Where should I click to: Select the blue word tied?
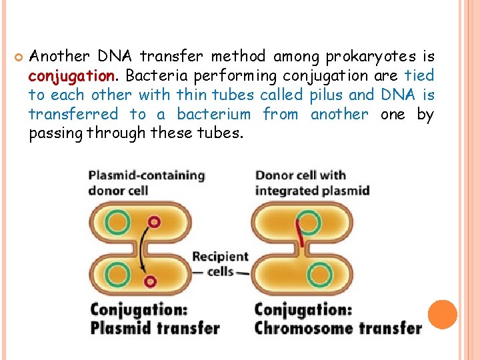click(419, 75)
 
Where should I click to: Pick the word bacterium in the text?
click(213, 115)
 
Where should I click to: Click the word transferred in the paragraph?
click(73, 115)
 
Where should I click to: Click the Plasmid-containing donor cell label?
click(147, 183)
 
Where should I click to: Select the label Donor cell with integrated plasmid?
click(312, 183)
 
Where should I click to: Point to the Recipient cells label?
click(220, 264)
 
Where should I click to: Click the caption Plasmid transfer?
click(155, 327)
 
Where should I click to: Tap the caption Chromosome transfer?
click(338, 327)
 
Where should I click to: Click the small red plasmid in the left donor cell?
click(155, 221)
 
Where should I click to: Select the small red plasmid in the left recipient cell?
click(151, 281)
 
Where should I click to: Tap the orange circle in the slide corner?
click(443, 315)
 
